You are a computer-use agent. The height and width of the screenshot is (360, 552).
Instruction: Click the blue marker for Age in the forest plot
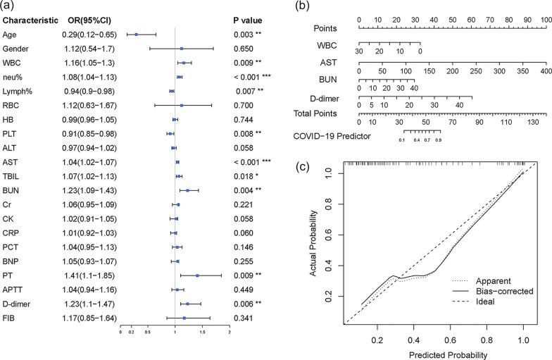pos(137,33)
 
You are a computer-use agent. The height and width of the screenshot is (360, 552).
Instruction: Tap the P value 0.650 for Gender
pos(244,48)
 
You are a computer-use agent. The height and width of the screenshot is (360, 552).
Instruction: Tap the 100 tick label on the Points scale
pos(545,19)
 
